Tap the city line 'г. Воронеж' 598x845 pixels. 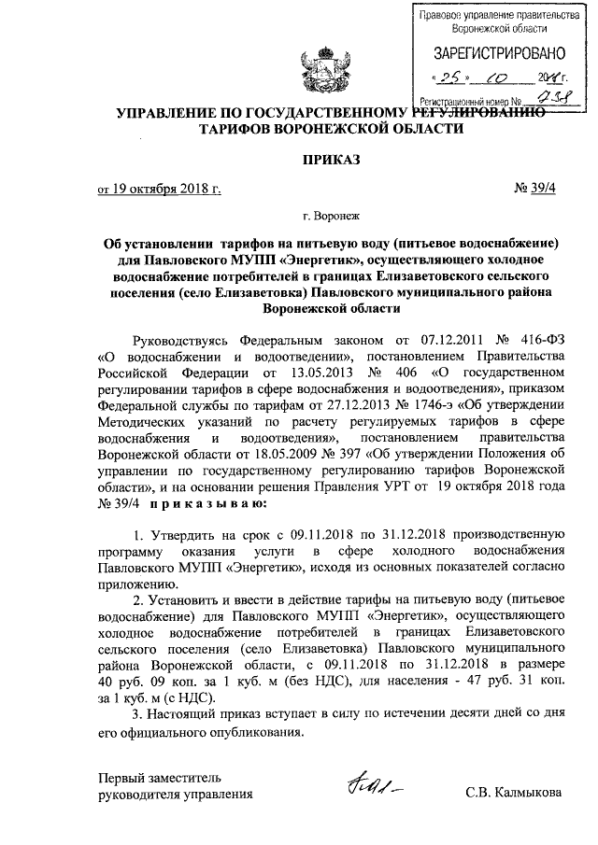click(x=298, y=223)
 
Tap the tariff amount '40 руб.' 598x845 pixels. click(x=121, y=683)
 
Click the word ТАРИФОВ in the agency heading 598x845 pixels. click(x=245, y=129)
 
